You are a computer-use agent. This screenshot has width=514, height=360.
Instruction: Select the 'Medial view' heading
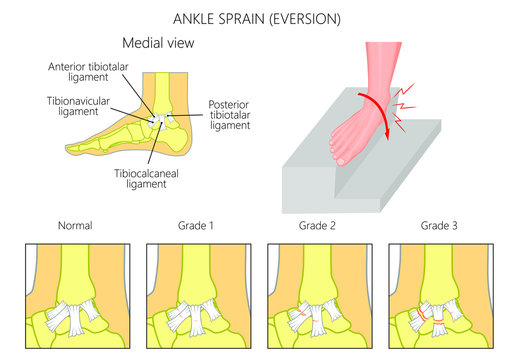pos(159,44)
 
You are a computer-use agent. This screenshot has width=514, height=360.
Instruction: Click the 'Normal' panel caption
pos(76,226)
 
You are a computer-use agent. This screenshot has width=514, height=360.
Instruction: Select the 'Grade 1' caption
pos(197,226)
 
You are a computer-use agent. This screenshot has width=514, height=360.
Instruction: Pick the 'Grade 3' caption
pos(441,226)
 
